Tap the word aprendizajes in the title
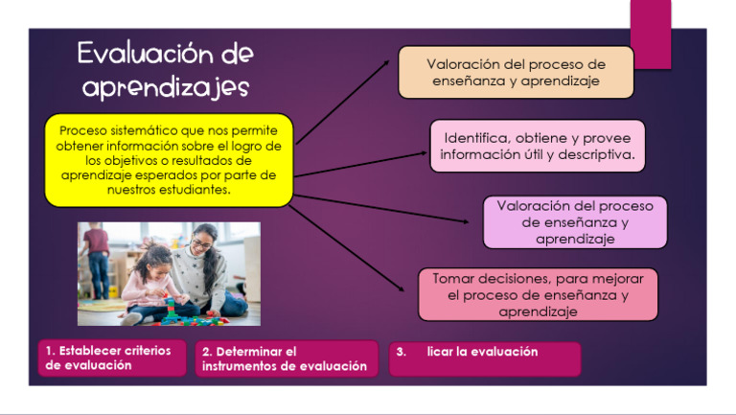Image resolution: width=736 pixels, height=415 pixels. [165, 88]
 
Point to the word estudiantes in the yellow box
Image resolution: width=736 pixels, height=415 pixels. [196, 189]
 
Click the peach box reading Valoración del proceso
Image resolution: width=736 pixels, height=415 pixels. [516, 73]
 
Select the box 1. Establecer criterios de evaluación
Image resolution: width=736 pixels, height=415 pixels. [111, 358]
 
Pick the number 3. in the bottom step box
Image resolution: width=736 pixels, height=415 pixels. [401, 352]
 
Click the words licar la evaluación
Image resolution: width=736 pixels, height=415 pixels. [482, 352]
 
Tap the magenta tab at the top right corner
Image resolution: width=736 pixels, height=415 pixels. [650, 34]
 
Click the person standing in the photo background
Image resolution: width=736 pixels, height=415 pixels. [96, 255]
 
